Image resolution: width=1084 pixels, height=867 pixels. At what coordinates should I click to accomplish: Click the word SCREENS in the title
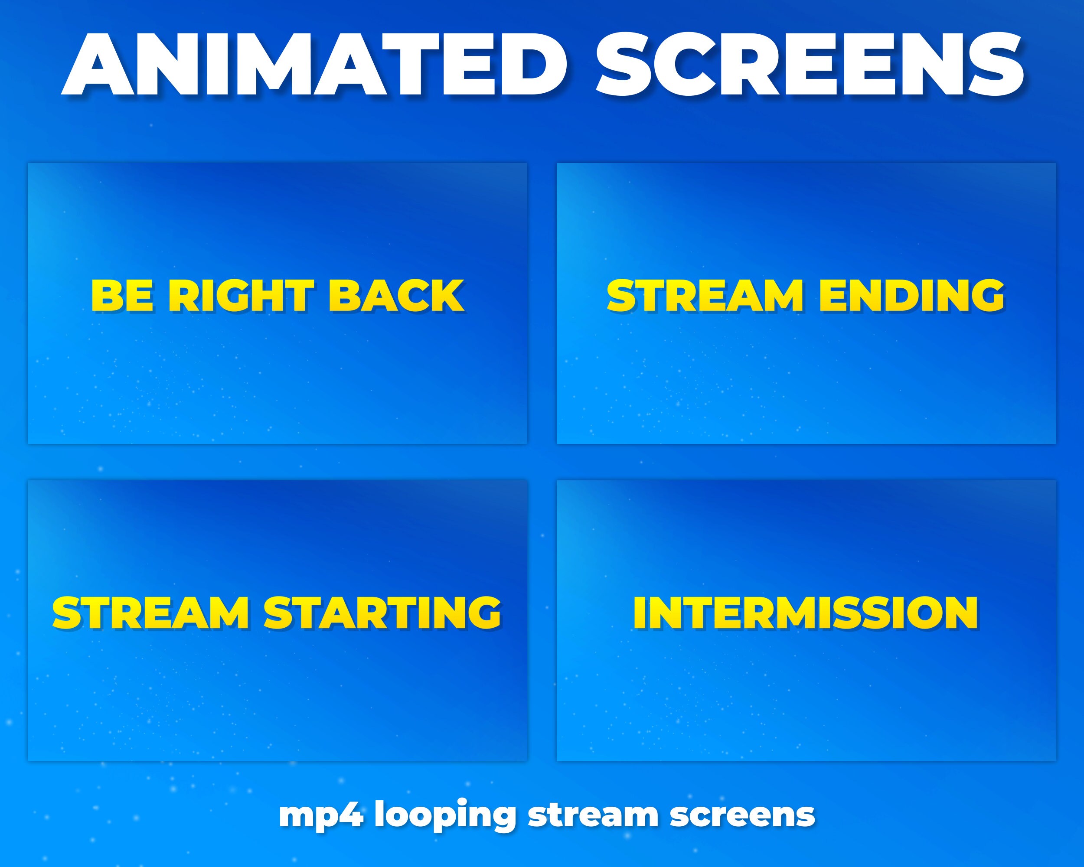click(x=810, y=65)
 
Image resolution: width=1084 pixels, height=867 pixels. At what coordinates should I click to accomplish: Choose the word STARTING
click(x=382, y=613)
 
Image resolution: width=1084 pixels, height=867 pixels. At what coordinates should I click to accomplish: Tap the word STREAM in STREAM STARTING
click(x=150, y=613)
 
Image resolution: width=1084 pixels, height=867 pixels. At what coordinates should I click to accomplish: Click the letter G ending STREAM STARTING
click(x=483, y=613)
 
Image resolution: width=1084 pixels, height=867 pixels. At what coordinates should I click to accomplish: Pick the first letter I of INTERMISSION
click(x=640, y=613)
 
